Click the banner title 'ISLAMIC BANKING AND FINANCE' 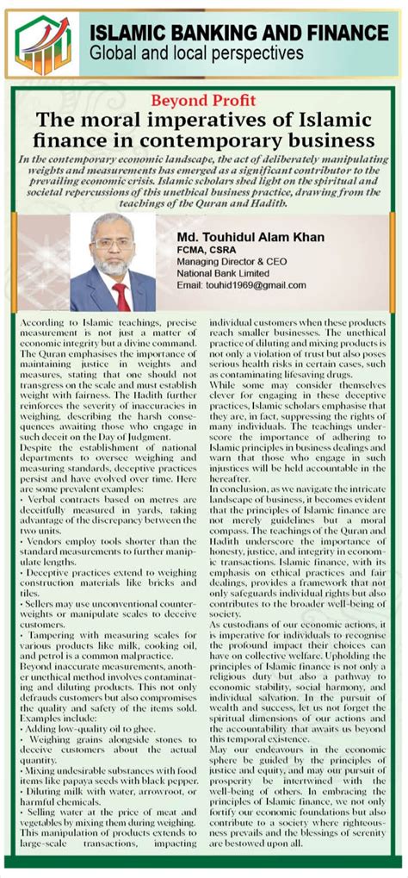(x=238, y=33)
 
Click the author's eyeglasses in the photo (x=113, y=244)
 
